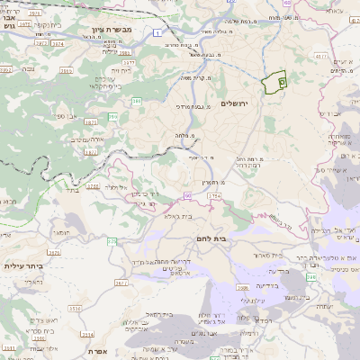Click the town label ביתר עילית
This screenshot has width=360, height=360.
pyautogui.click(x=23, y=266)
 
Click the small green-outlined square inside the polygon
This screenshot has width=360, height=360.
pyautogui.click(x=282, y=82)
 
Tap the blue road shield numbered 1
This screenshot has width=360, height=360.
pyautogui.click(x=158, y=32)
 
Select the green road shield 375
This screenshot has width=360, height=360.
pyautogui.click(x=112, y=241)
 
